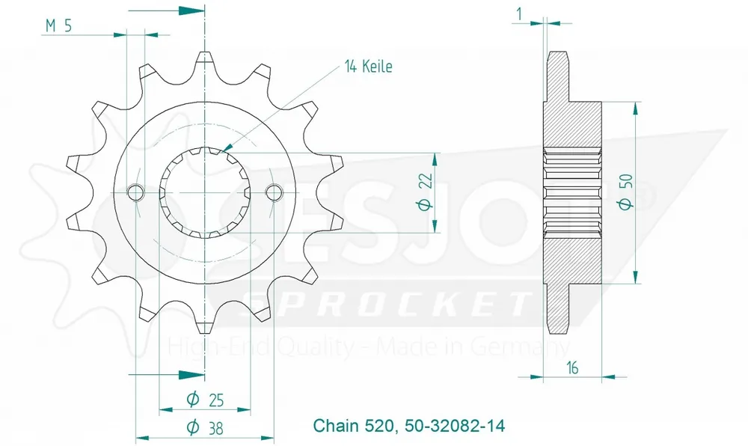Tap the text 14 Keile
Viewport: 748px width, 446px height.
pyautogui.click(x=368, y=67)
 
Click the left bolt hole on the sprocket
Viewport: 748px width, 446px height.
pyautogui.click(x=135, y=192)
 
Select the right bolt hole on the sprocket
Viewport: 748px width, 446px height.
pyautogui.click(x=274, y=192)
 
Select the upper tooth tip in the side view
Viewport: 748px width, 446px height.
pyautogui.click(x=558, y=56)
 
